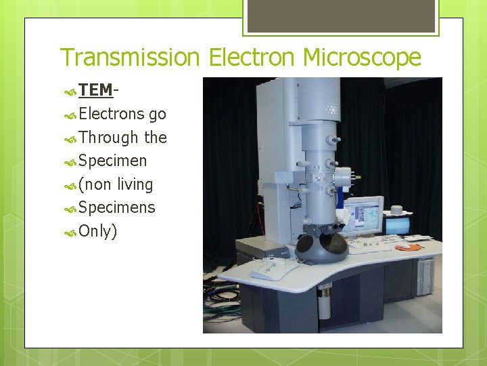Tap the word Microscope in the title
pyautogui.click(x=362, y=58)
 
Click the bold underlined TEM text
pyautogui.click(x=95, y=90)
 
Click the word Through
pyautogui.click(x=108, y=138)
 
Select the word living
pyautogui.click(x=135, y=184)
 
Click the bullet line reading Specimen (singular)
pyautogui.click(x=112, y=161)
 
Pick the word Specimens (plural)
pyautogui.click(x=116, y=208)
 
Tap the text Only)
pyautogui.click(x=98, y=231)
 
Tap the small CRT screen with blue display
pyautogui.click(x=396, y=224)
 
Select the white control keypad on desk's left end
pyautogui.click(x=275, y=269)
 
